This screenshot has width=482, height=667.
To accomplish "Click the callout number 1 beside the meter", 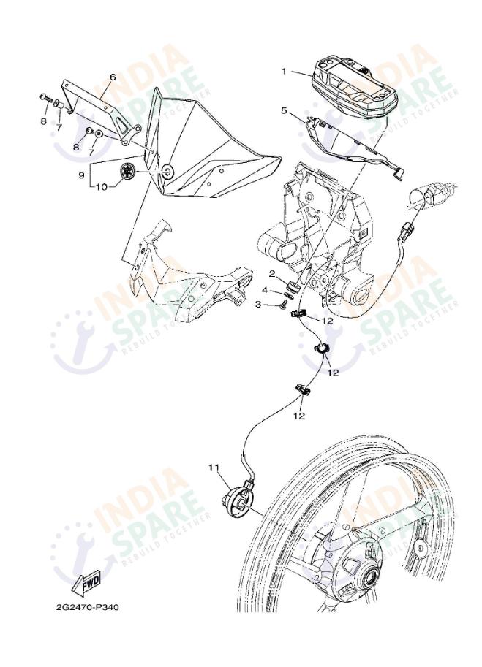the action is tap(285, 72).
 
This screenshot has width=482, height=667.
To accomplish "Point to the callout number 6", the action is tap(113, 77).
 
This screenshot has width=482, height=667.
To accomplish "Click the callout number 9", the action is tap(81, 175).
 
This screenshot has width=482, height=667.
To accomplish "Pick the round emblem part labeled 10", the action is tap(127, 172).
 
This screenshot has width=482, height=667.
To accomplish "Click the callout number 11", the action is tap(214, 468).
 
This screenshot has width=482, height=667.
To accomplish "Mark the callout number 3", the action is tap(258, 305).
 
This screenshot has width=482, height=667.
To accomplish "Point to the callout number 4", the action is tap(265, 290).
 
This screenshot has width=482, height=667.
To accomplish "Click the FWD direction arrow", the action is tap(88, 582).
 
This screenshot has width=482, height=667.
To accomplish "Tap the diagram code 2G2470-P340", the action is tap(87, 607).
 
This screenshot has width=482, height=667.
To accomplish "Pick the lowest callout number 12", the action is tap(299, 416).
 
